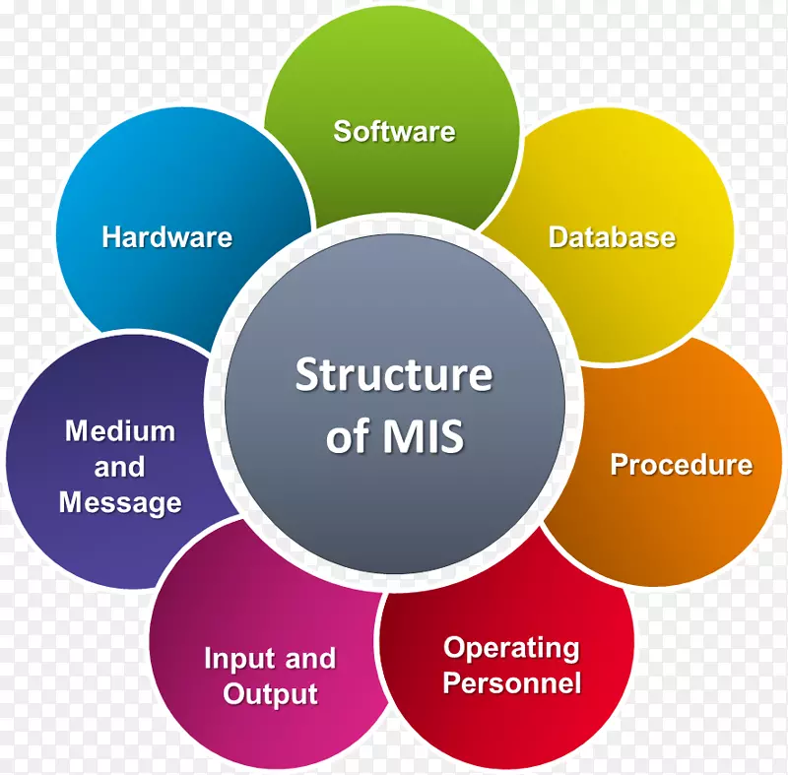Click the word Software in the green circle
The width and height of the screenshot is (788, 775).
394,131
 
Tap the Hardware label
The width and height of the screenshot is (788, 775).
166,237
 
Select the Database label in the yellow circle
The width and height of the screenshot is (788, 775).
612,237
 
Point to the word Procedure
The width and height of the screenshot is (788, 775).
681,465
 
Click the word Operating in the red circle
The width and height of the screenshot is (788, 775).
511,648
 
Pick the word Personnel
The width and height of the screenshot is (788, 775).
511,682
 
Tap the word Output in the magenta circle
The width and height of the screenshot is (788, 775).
270,694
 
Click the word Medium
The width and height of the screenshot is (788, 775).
120,431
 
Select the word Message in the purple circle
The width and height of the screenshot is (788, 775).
120,502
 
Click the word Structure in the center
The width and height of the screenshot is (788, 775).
394,375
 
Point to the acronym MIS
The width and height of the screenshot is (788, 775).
425,436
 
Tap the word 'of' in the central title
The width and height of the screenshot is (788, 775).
348,436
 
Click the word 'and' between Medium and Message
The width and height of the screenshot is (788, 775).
120,467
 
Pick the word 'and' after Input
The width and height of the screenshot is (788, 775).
308,659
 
